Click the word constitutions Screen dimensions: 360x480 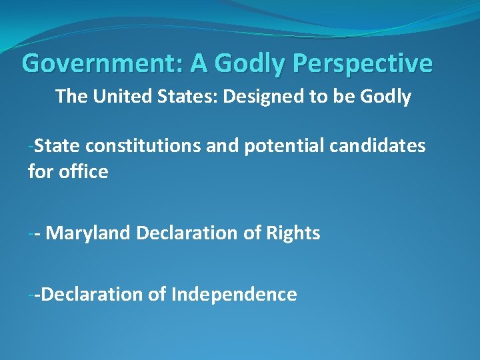click(x=143, y=146)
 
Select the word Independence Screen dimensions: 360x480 click(x=234, y=294)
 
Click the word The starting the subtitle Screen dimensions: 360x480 click(x=71, y=97)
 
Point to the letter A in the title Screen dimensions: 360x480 click(x=198, y=64)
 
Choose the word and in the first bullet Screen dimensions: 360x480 click(x=222, y=146)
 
